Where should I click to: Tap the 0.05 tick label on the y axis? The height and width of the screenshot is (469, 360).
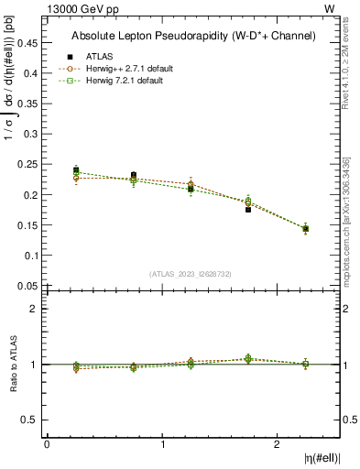pyautogui.click(x=31, y=286)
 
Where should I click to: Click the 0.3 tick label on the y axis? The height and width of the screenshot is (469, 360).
pyautogui.click(x=34, y=134)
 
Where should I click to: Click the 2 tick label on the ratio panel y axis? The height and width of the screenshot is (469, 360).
pyautogui.click(x=35, y=309)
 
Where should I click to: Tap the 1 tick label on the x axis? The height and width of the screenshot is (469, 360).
pyautogui.click(x=163, y=443)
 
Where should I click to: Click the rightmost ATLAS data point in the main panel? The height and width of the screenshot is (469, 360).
pyautogui.click(x=305, y=229)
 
